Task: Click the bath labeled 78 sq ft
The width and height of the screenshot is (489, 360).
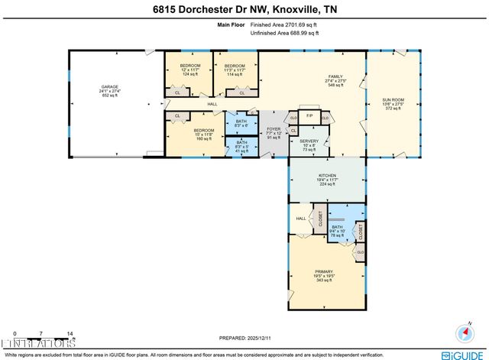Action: tap(337, 228)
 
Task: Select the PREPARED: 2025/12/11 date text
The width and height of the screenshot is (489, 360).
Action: tap(244, 336)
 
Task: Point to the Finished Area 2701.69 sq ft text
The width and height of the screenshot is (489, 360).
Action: tap(267, 25)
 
